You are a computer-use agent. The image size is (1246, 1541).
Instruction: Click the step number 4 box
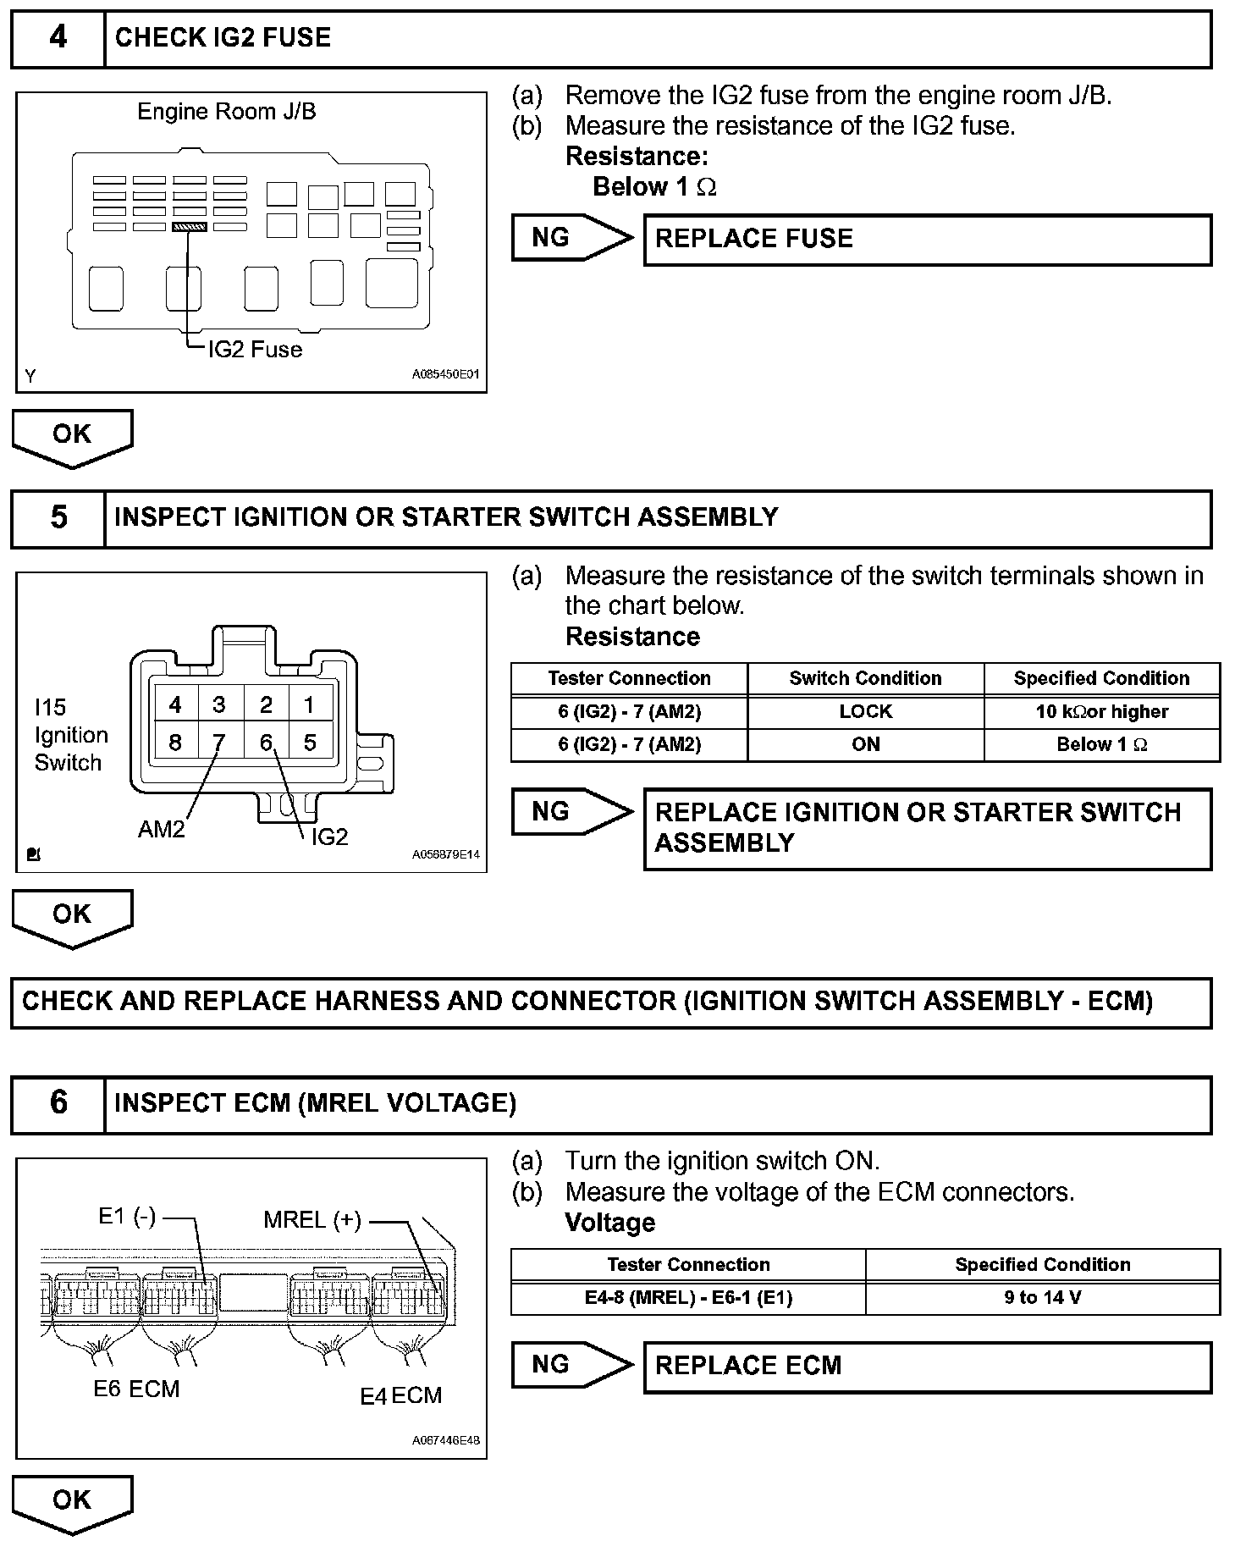coord(58,38)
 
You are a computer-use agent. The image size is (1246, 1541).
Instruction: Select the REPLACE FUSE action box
coord(927,240)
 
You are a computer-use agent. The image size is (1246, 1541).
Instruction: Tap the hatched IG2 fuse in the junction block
coord(189,227)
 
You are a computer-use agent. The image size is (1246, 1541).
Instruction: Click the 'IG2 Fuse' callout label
coord(255,350)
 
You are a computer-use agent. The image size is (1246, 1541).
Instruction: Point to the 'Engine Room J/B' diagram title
coord(227,111)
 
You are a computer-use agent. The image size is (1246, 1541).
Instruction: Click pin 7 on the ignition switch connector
coord(219,743)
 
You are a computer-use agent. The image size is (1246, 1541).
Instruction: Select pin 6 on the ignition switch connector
coord(266,743)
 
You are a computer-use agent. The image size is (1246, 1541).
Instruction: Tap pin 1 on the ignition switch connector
coord(310,704)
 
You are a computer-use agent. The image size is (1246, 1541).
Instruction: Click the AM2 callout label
coord(161,829)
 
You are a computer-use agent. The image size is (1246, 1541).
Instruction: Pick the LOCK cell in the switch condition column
coord(865,712)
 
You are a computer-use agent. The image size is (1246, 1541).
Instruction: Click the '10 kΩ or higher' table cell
coord(1101,712)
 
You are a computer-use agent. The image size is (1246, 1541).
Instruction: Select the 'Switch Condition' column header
coord(865,678)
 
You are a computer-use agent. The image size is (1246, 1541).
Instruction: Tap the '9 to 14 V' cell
coord(1042,1298)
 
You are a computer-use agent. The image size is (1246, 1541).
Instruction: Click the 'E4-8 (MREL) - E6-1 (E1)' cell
coord(688,1298)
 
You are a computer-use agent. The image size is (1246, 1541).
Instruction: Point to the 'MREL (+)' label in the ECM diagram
coord(312,1220)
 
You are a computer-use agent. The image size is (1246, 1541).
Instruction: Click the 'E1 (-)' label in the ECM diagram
coord(127,1217)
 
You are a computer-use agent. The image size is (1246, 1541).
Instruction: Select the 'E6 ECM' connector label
coord(136,1389)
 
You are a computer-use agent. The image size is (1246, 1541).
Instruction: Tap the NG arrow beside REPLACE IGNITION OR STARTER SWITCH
coord(571,812)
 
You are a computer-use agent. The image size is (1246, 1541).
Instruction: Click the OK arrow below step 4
coord(72,436)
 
